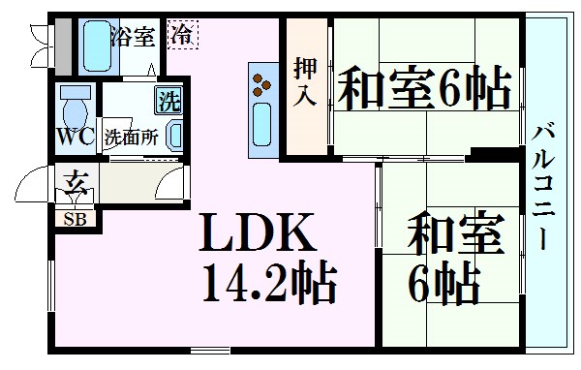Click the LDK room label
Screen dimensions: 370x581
257,232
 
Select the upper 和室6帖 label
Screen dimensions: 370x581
424,91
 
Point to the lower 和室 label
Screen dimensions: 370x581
453,232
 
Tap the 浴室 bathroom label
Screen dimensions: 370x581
133,36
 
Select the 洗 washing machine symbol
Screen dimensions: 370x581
168,99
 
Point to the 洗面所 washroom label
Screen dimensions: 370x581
131,137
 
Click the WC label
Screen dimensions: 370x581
75,137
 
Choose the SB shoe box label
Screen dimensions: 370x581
75,218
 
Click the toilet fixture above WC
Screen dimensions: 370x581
74,103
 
